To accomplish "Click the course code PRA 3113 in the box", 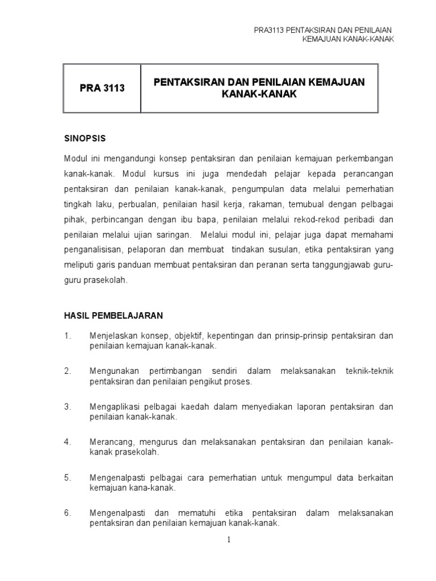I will [x=102, y=89].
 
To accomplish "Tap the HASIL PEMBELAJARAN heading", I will [x=114, y=314].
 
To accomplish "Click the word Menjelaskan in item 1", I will [x=113, y=336].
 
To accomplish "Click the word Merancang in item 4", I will [x=110, y=442].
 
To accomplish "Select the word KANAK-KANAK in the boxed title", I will [x=259, y=94].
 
